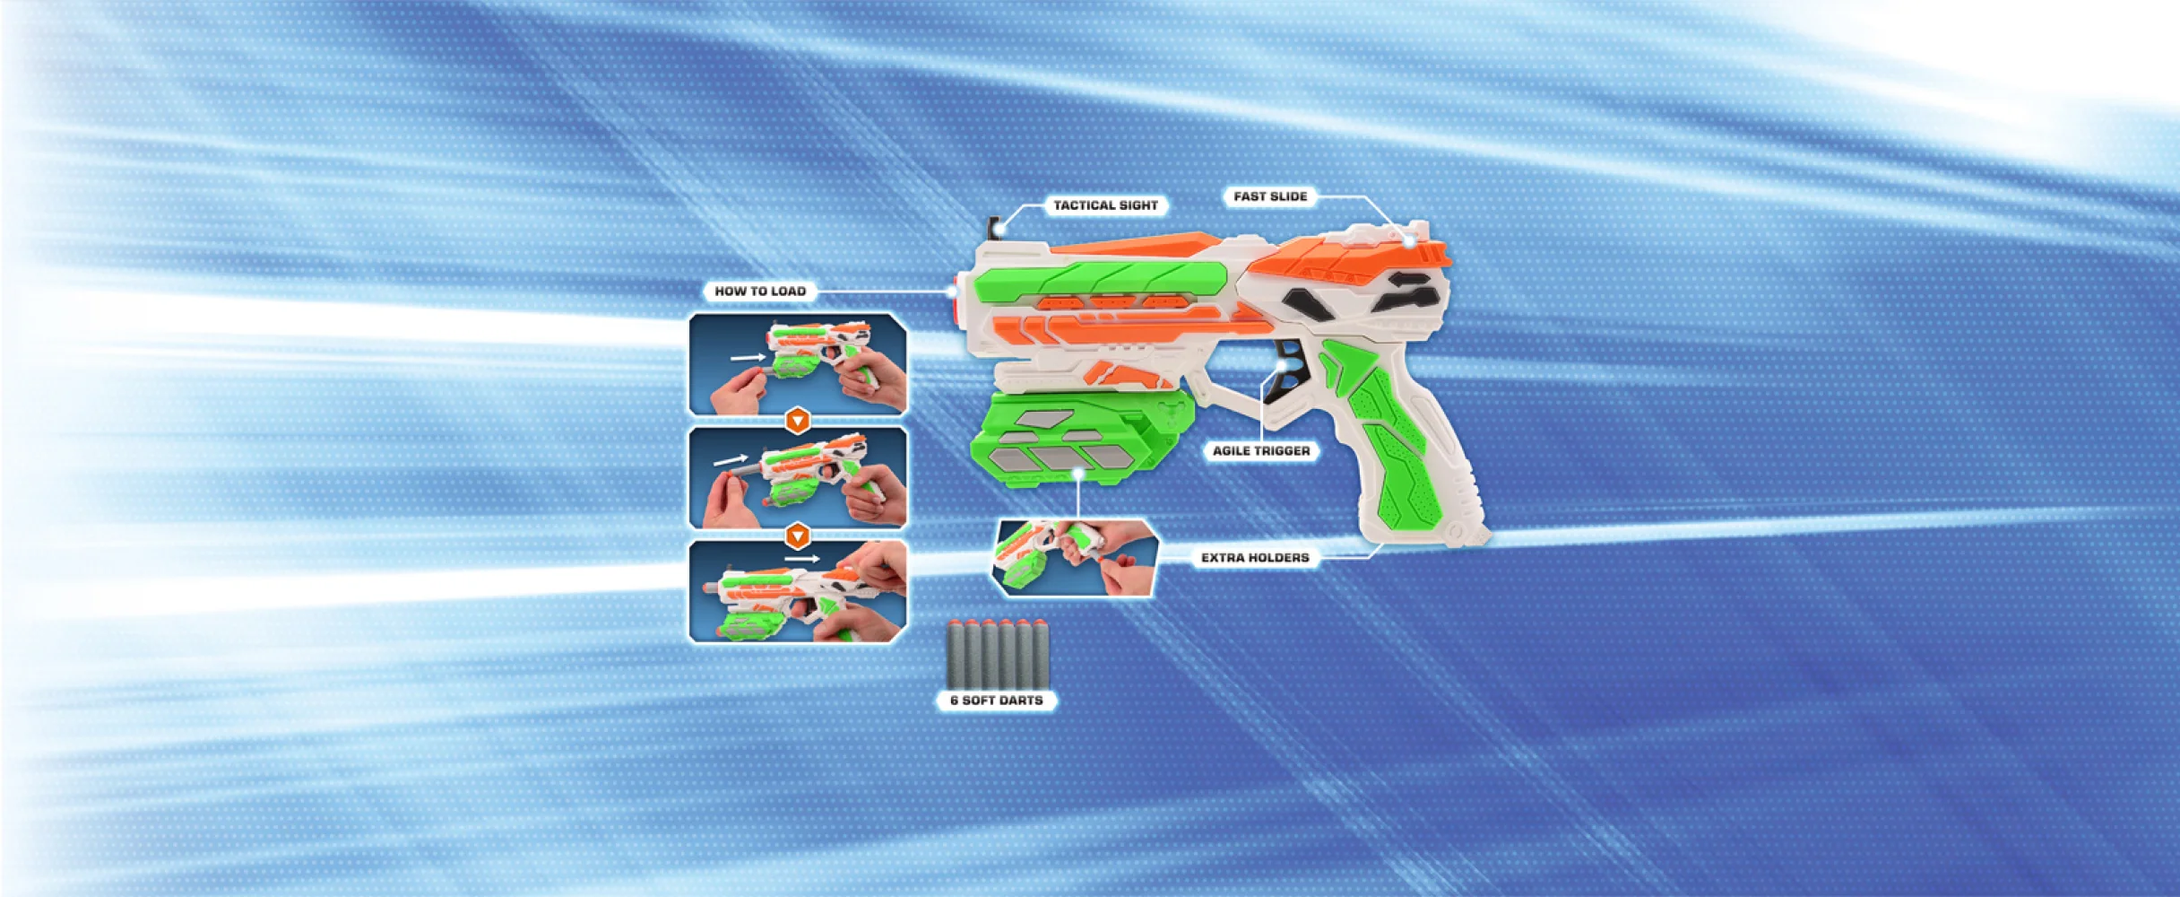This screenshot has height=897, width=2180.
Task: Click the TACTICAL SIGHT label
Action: click(x=1105, y=205)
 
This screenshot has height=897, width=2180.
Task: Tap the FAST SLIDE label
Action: click(x=1270, y=196)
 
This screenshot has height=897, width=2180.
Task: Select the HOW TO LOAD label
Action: click(x=760, y=291)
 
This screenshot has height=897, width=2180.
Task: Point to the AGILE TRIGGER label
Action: click(x=1261, y=450)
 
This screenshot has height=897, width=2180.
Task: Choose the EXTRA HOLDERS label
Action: click(x=1255, y=558)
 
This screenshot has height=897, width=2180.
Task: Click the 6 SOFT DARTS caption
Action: click(x=997, y=700)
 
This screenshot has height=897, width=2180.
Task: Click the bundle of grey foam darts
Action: click(x=998, y=653)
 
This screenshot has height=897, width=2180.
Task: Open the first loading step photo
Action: click(x=798, y=363)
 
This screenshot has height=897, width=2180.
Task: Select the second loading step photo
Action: click(x=798, y=477)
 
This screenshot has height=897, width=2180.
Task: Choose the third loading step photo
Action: click(x=798, y=592)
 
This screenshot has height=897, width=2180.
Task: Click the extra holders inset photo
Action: click(x=1075, y=558)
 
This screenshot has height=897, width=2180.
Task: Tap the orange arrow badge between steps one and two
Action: click(x=798, y=421)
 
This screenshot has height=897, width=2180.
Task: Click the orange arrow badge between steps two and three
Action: click(x=798, y=536)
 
